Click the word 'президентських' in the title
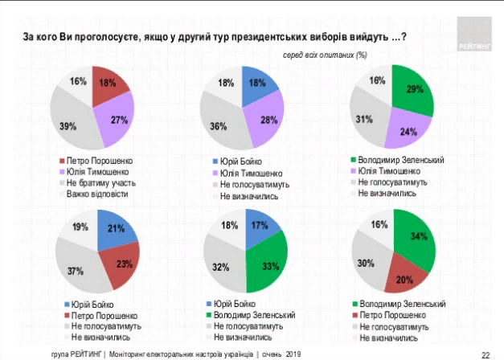[242, 37]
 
